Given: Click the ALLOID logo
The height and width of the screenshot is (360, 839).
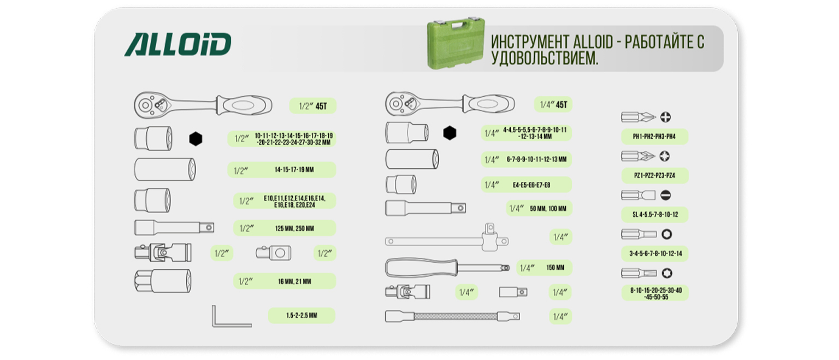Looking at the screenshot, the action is pyautogui.click(x=178, y=45).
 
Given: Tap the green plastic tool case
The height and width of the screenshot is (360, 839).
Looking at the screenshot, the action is pyautogui.click(x=456, y=43).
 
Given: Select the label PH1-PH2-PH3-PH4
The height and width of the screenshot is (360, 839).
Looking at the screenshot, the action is pyautogui.click(x=654, y=137).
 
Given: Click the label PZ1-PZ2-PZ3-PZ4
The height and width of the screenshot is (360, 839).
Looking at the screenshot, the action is pyautogui.click(x=655, y=176).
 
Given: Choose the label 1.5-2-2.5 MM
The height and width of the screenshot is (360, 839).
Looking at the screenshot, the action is pyautogui.click(x=302, y=315).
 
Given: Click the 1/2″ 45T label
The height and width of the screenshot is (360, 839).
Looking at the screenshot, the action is pyautogui.click(x=313, y=106).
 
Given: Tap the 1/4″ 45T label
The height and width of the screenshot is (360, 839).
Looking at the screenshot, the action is pyautogui.click(x=553, y=104).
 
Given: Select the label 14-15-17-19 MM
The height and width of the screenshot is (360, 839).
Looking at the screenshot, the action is pyautogui.click(x=294, y=170).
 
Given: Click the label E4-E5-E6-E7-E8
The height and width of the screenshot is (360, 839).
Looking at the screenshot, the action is pyautogui.click(x=531, y=185).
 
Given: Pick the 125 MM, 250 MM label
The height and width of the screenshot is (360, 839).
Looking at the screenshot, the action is pyautogui.click(x=294, y=228).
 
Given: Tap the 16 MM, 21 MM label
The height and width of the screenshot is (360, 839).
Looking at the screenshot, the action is pyautogui.click(x=294, y=281).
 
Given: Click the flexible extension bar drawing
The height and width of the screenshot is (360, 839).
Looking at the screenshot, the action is pyautogui.click(x=452, y=316).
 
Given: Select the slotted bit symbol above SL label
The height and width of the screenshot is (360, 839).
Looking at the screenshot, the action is pyautogui.click(x=666, y=195).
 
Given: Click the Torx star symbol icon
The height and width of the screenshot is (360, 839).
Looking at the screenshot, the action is pyautogui.click(x=667, y=273).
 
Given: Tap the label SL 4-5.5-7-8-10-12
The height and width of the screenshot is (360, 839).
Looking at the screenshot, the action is pyautogui.click(x=655, y=215).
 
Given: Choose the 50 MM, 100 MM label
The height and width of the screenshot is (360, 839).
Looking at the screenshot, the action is pyautogui.click(x=548, y=208).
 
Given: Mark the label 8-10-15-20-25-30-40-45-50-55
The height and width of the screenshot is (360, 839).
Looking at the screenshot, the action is pyautogui.click(x=656, y=293).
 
